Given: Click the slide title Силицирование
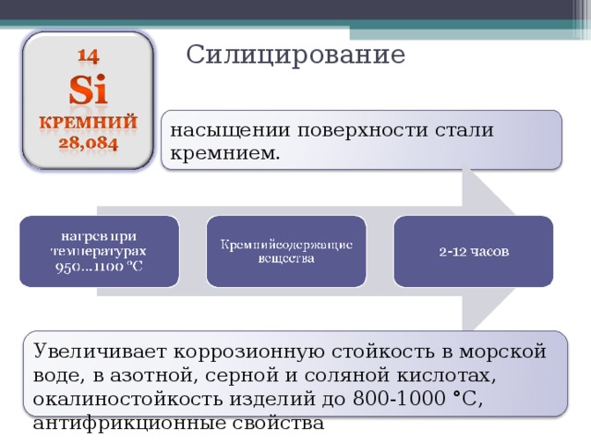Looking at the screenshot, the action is click(x=295, y=55).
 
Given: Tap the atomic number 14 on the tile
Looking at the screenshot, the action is click(x=89, y=56).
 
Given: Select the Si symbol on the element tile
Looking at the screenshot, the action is click(x=89, y=90).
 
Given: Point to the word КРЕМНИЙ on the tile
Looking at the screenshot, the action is click(x=89, y=123).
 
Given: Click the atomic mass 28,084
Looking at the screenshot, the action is click(x=89, y=144).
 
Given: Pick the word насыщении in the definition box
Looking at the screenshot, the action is click(x=230, y=131).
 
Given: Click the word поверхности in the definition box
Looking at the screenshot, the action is click(x=362, y=131).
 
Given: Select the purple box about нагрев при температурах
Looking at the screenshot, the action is click(x=99, y=251).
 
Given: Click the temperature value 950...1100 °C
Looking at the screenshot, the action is click(x=99, y=267).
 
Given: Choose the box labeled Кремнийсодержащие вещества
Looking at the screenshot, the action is click(x=286, y=251).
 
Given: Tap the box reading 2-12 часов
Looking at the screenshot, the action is click(x=474, y=251).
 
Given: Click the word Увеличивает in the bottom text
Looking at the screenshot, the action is click(x=100, y=352).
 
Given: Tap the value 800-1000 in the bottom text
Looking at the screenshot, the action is click(x=400, y=399).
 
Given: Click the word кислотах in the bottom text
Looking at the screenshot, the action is click(x=445, y=376).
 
